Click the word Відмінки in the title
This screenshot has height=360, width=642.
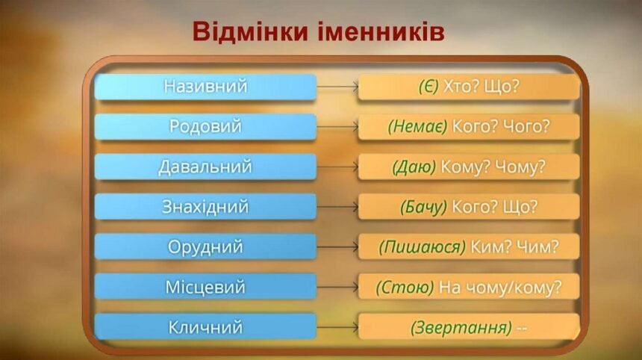[x=248, y=32]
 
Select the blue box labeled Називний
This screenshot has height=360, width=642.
[x=205, y=87]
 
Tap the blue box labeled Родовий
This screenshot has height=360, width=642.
[x=205, y=127]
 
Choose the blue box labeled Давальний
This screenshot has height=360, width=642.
[x=205, y=167]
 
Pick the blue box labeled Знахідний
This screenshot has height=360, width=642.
[x=205, y=207]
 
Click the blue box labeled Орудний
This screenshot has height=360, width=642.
[x=205, y=246]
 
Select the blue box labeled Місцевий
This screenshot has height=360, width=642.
[x=205, y=287]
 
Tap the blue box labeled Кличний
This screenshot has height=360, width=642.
[x=205, y=326]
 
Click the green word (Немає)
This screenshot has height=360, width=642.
[x=417, y=127]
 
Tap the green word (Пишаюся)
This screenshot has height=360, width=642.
[x=422, y=246]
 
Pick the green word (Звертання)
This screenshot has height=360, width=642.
[x=461, y=326]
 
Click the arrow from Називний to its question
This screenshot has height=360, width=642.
[x=337, y=87]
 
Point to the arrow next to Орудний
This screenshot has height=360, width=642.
[x=337, y=246]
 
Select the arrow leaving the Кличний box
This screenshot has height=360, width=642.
[x=337, y=326]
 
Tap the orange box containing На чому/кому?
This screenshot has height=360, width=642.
[x=469, y=287]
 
